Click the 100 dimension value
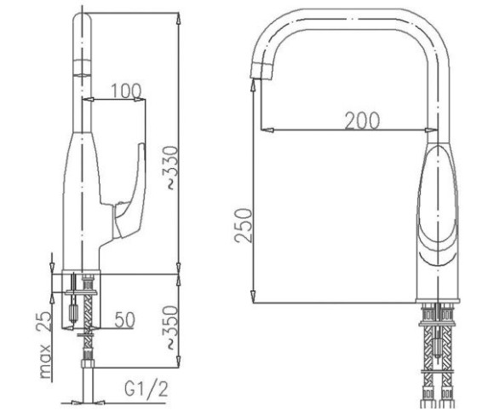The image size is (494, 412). coord(127,90)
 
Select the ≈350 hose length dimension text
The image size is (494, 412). coord(170,328)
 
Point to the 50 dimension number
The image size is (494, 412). coord(124,319)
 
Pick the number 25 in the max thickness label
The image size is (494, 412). coord(43,322)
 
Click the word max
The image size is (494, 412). coord(45,362)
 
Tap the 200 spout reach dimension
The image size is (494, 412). coord(362,120)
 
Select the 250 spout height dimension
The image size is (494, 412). coord(244,225)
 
